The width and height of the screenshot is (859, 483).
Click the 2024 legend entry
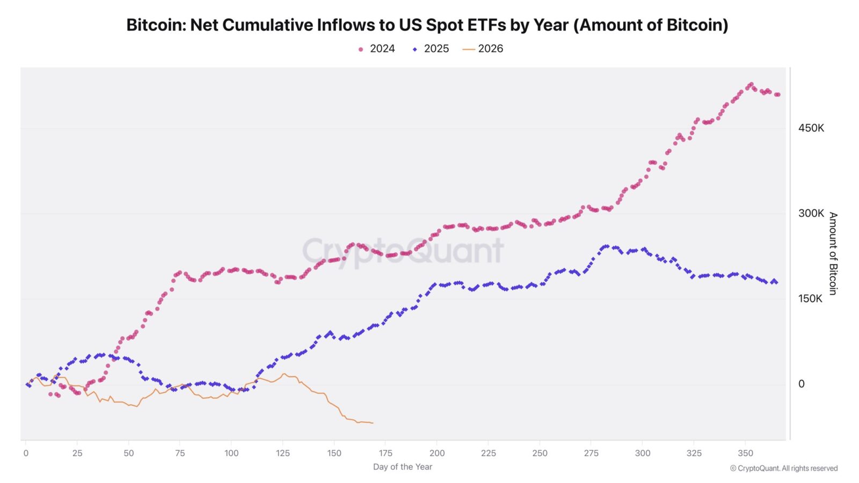click(376, 49)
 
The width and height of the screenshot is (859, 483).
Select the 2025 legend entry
click(430, 49)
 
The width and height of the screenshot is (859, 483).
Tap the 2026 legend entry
click(483, 49)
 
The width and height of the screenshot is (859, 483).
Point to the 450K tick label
click(811, 128)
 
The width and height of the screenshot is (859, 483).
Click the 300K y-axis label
click(811, 214)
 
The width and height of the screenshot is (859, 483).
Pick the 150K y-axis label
click(810, 298)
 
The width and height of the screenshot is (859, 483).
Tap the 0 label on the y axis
click(802, 384)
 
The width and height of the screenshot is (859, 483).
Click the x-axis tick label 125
click(282, 453)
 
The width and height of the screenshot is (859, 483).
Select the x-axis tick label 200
click(437, 453)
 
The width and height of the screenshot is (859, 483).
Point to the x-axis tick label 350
click(746, 453)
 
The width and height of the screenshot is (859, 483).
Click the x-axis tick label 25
click(77, 453)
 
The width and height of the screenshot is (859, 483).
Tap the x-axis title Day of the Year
click(403, 467)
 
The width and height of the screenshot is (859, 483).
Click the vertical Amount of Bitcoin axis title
click(833, 253)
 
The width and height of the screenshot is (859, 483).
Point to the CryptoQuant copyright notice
click(783, 469)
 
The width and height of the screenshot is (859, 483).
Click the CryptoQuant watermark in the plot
click(403, 251)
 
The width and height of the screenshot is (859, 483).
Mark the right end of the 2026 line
click(373, 423)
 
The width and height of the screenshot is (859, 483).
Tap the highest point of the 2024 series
click(751, 84)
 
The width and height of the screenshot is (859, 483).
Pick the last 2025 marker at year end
click(776, 282)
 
